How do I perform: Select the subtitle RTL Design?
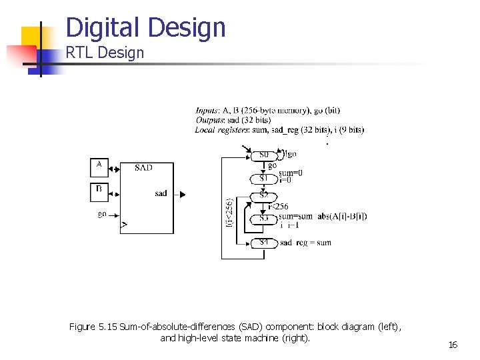(105, 53)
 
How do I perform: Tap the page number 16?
(453, 345)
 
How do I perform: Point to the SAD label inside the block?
(143, 167)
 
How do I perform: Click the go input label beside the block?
(102, 214)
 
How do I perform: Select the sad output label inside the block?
(161, 193)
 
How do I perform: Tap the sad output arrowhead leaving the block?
(182, 194)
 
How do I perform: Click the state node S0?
(264, 155)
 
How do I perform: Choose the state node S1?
(264, 178)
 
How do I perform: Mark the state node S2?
(264, 195)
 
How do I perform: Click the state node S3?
(264, 217)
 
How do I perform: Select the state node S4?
(264, 242)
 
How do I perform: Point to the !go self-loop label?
(290, 153)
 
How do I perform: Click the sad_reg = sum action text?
(305, 243)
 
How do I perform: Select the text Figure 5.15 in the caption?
(93, 327)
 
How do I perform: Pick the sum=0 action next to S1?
(290, 173)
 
